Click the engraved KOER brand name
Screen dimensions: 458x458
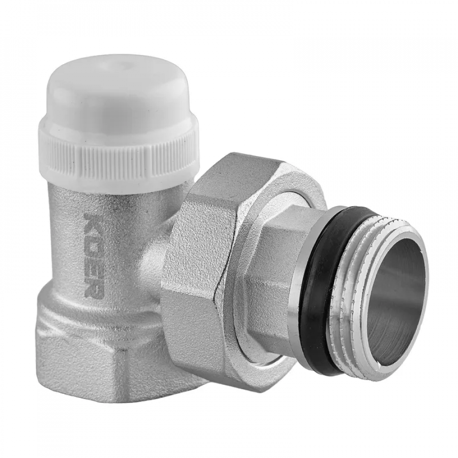click(x=93, y=253)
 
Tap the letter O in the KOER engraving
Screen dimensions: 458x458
click(x=93, y=238)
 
